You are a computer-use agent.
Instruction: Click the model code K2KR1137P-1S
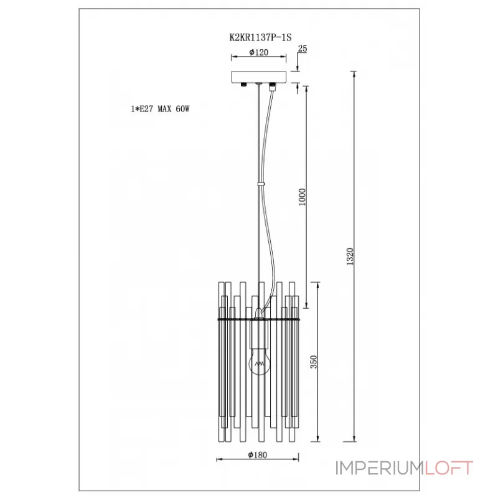(260, 37)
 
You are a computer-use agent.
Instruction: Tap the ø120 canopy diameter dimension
(258, 52)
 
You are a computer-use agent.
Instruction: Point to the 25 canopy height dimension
(303, 49)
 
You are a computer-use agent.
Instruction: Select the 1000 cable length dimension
(302, 197)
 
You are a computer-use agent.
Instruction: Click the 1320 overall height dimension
(350, 256)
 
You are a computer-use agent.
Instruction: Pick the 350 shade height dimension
(314, 362)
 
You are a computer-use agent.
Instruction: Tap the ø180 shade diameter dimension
(258, 455)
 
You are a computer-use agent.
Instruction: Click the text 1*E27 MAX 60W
(161, 109)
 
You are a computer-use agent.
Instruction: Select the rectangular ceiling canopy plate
(259, 77)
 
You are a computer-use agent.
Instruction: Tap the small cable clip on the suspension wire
(261, 184)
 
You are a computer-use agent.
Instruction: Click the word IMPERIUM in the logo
(380, 468)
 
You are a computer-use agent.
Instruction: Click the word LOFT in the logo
(449, 468)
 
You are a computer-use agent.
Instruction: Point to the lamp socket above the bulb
(260, 333)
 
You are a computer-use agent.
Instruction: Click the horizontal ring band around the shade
(258, 319)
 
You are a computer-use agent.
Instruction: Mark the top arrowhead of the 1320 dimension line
(354, 75)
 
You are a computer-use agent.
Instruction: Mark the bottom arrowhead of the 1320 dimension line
(354, 438)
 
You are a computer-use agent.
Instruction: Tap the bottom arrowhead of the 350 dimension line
(318, 438)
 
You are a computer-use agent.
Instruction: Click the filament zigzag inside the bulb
(260, 364)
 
